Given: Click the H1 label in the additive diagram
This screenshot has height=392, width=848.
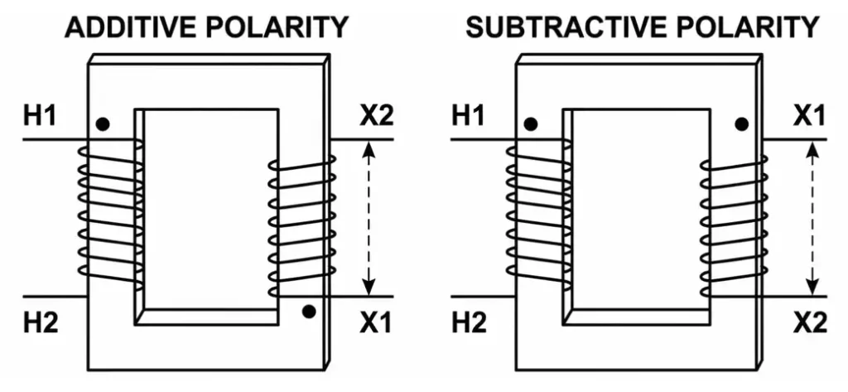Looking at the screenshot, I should point(41,117).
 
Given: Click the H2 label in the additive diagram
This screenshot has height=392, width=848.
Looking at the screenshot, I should point(41,323).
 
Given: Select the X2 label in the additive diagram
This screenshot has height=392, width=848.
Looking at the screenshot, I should point(375,117).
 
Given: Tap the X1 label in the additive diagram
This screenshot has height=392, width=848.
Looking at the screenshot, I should point(375,323).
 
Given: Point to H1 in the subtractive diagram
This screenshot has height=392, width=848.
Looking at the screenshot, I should point(470,117).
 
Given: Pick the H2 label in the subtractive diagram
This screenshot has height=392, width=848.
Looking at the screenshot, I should point(470,323).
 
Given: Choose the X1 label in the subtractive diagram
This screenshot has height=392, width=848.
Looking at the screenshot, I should point(809,117).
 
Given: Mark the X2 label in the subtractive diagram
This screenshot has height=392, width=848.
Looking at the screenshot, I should point(809,323).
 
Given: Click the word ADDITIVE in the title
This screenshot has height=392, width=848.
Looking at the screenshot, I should point(129,28).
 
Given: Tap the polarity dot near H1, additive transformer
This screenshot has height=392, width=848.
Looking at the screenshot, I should point(102,124).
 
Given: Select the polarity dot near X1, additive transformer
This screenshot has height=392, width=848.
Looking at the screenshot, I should point(309,312).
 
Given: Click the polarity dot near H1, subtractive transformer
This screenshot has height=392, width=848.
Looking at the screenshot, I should point(530,124).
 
